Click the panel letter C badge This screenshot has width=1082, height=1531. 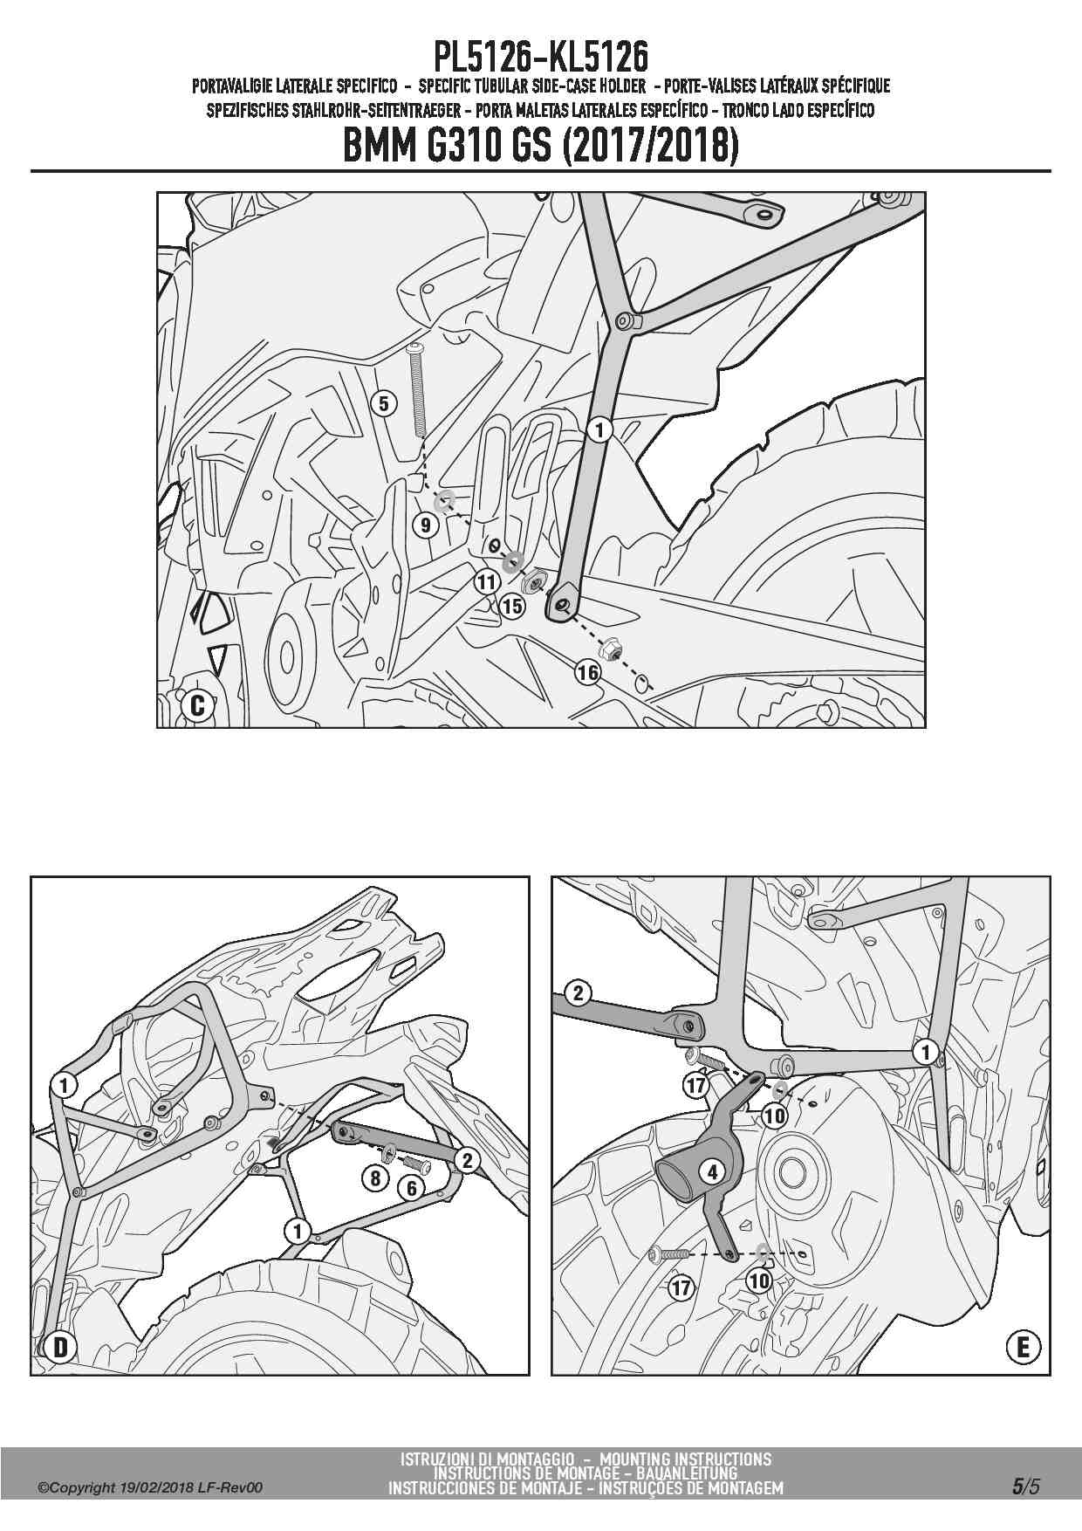tap(197, 704)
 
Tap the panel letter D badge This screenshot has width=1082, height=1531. tap(60, 1348)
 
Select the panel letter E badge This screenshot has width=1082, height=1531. tap(1023, 1348)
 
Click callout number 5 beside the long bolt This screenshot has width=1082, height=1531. tap(384, 403)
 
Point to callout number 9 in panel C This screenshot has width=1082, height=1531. tap(426, 525)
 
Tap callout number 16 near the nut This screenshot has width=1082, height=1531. tap(587, 672)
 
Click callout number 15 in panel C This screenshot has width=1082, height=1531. tap(512, 605)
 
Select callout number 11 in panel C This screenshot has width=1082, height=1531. tap(487, 581)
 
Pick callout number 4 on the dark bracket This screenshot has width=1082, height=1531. tap(713, 1171)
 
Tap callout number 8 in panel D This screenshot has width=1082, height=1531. tap(375, 1177)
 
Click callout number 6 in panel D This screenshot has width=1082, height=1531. tap(411, 1187)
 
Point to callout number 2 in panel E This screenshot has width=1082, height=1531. tap(578, 992)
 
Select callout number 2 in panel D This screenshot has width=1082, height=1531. tap(468, 1159)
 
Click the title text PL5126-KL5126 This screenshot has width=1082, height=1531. tap(541, 58)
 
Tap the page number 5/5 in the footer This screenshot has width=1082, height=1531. tap(1026, 1486)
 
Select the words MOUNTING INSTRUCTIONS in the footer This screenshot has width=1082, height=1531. tap(686, 1459)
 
